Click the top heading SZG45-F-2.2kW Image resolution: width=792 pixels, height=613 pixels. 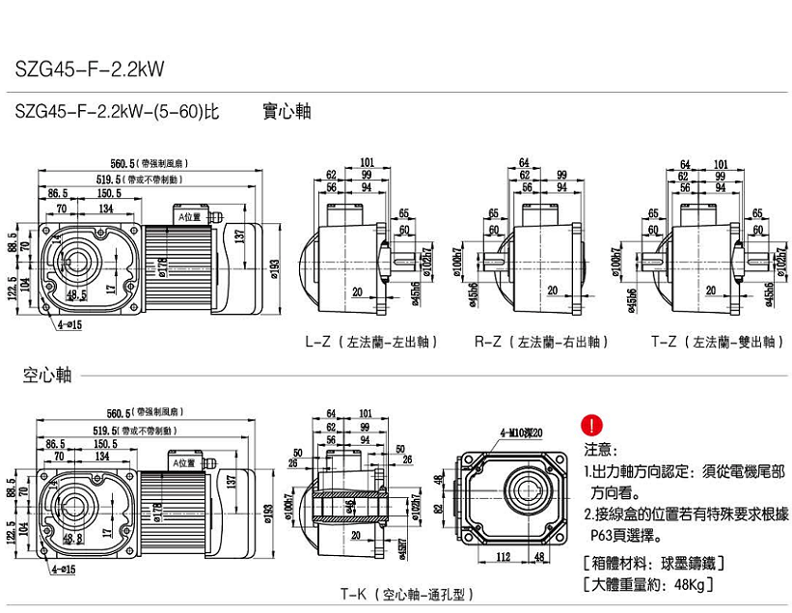click(90, 69)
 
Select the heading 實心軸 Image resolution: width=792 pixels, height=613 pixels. click(287, 111)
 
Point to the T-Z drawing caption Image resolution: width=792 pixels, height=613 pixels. click(718, 342)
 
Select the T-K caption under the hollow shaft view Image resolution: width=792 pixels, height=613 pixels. click(406, 595)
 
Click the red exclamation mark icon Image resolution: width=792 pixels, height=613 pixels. click(590, 425)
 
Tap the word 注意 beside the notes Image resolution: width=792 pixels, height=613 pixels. click(600, 450)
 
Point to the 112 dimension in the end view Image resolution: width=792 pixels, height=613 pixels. click(504, 556)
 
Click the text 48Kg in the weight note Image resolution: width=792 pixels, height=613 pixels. click(689, 585)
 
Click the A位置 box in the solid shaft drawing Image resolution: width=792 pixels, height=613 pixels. click(187, 217)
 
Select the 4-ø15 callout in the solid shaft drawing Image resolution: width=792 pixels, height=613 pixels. click(68, 325)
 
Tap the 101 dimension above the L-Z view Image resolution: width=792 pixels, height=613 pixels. click(367, 162)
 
